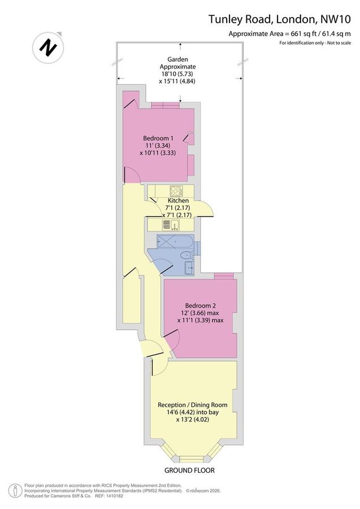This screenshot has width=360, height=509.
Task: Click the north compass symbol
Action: click(48, 48)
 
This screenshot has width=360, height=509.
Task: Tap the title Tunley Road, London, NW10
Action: click(280, 19)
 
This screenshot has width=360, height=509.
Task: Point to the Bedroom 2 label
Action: click(201, 306)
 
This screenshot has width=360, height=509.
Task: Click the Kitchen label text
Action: click(178, 201)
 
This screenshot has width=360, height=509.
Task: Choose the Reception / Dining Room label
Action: click(192, 405)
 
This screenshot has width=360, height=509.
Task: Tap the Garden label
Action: click(177, 59)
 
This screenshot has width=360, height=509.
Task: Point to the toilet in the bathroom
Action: click(187, 256)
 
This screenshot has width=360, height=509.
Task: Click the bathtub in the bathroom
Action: click(175, 241)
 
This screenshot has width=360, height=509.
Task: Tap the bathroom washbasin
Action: click(189, 268)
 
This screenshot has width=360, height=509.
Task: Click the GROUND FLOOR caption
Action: click(189, 470)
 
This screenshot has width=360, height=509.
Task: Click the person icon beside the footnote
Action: click(14, 490)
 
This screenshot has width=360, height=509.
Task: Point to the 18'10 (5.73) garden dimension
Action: click(177, 74)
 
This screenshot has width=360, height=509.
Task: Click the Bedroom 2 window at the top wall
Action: click(224, 275)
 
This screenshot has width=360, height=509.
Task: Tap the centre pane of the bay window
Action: click(192, 459)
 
